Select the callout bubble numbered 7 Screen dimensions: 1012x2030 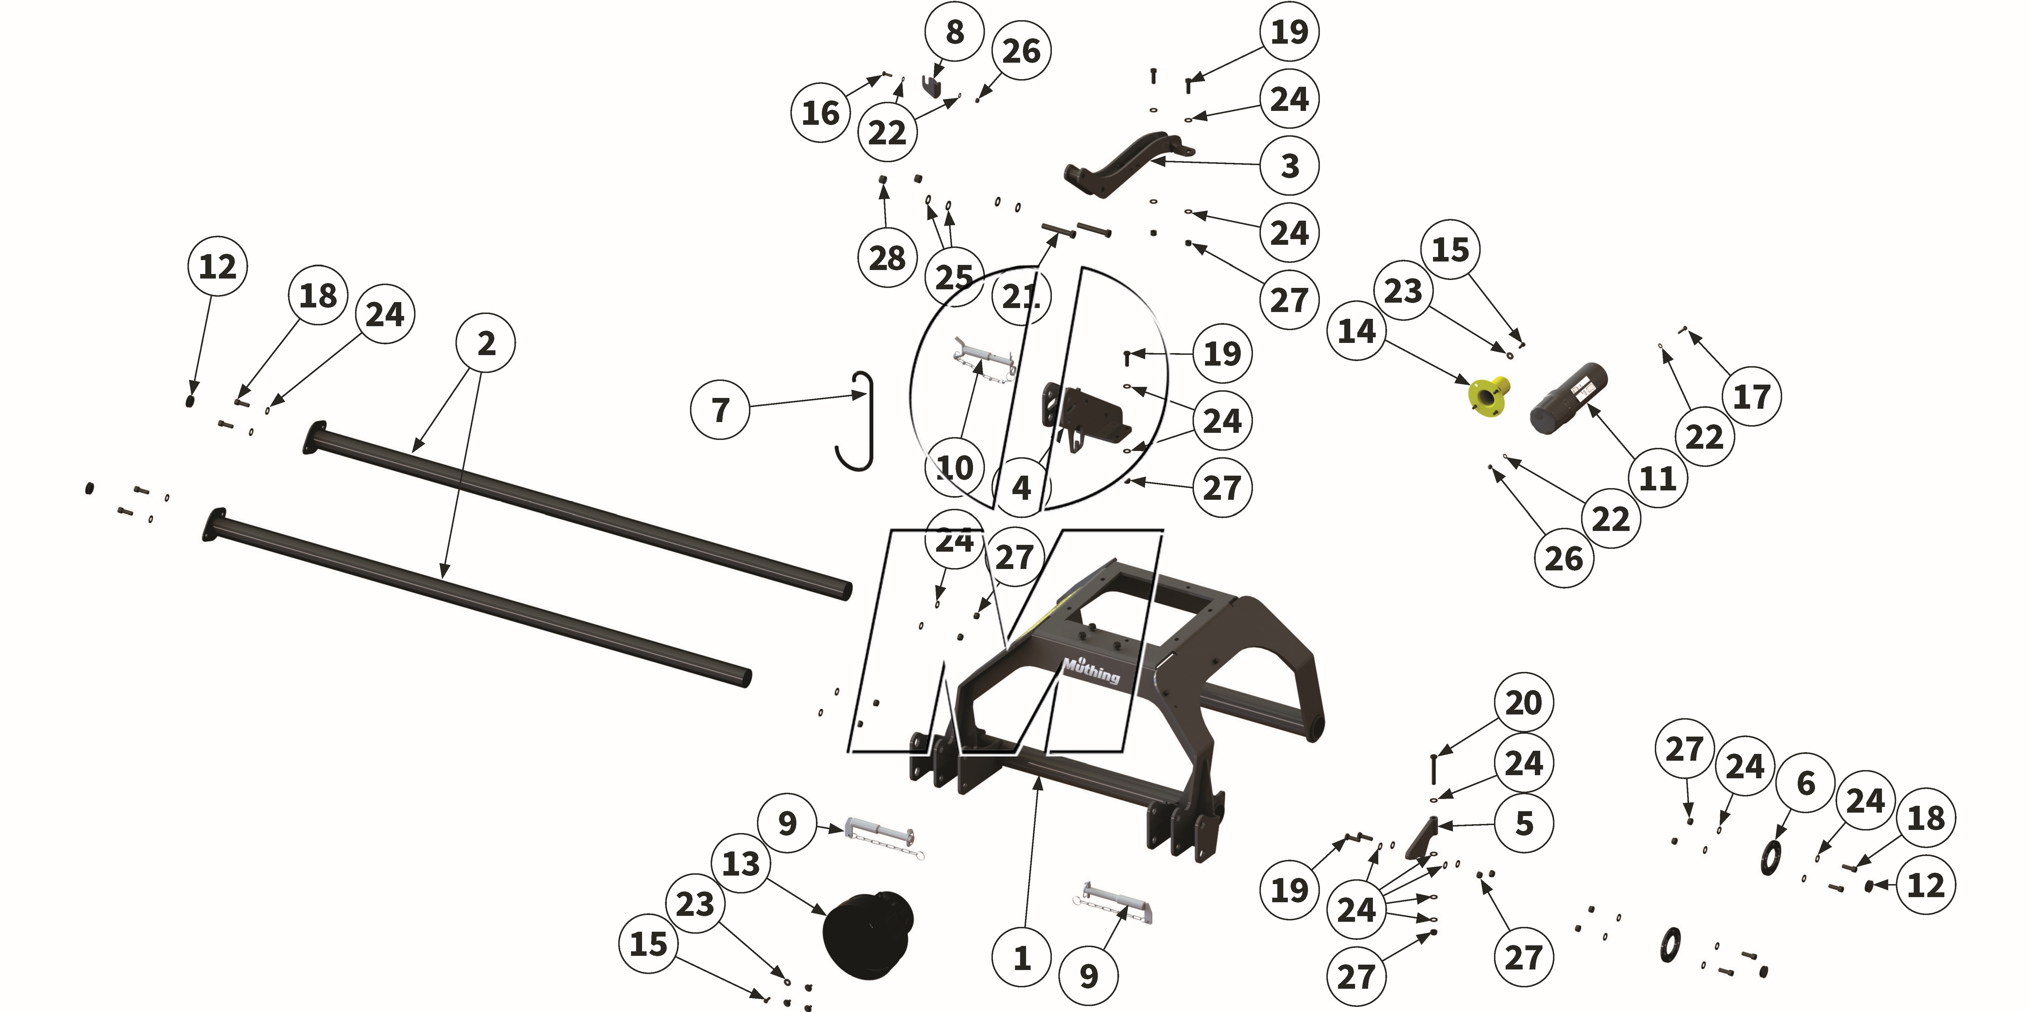pos(719,410)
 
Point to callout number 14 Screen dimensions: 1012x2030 pos(1356,331)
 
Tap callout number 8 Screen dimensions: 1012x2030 pos(954,32)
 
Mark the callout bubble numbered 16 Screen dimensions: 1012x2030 pos(820,113)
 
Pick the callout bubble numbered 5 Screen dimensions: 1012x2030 pos(1524,824)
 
